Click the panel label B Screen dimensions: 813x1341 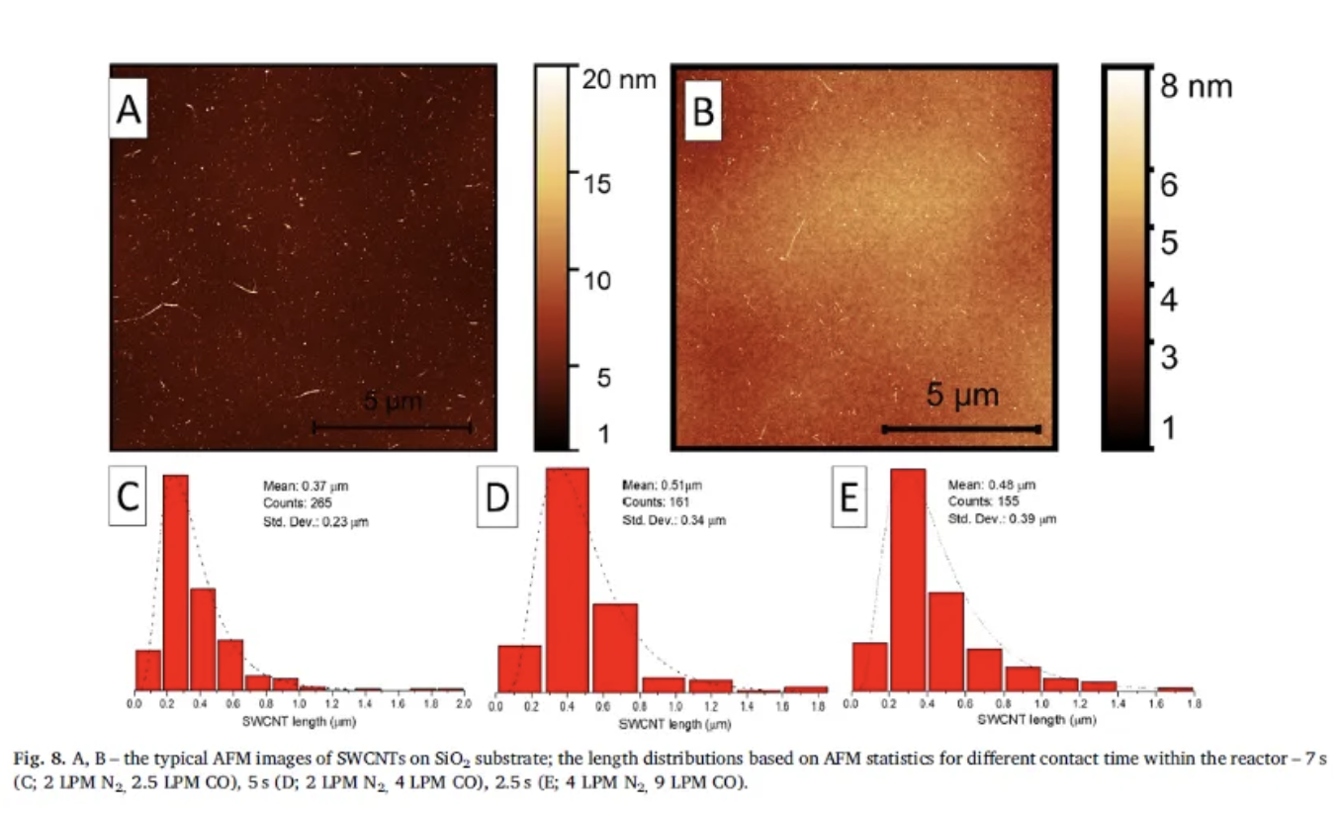tap(702, 112)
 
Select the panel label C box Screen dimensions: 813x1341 tap(128, 498)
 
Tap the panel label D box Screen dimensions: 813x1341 tap(495, 498)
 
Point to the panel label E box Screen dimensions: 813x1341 tap(849, 498)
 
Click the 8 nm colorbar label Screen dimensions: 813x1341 tap(1197, 87)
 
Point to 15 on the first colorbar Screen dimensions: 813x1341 tap(595, 184)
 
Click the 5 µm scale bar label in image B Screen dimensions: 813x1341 tap(962, 397)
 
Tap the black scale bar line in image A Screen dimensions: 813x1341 tap(392, 427)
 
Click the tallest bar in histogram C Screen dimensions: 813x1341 tap(175, 582)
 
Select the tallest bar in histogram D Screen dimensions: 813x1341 tap(567, 579)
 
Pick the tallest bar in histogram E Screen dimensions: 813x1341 tap(908, 579)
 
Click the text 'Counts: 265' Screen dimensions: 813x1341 tap(291, 503)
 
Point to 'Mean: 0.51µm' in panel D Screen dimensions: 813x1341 tap(662, 486)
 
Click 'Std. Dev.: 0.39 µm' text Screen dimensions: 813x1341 tap(1002, 518)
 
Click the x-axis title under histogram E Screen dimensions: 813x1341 tap(1023, 720)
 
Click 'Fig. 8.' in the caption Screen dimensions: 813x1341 tap(37, 758)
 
